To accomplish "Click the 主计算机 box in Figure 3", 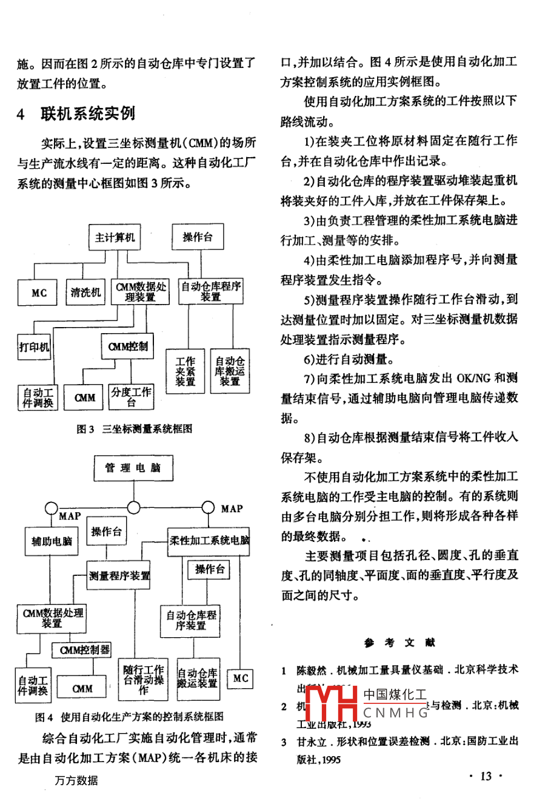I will pyautogui.click(x=115, y=237).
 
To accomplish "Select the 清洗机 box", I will pyautogui.click(x=85, y=292).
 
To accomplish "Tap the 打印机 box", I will pyautogui.click(x=34, y=347).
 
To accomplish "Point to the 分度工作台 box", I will pyautogui.click(x=131, y=397).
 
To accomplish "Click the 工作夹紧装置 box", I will pyautogui.click(x=185, y=371).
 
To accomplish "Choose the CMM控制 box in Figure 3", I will pyautogui.click(x=127, y=346).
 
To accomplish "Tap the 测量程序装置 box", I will pyautogui.click(x=119, y=575).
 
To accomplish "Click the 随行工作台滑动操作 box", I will pyautogui.click(x=143, y=680).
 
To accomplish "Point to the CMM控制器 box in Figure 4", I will pyautogui.click(x=85, y=650).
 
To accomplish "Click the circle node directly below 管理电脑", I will pyautogui.click(x=133, y=507).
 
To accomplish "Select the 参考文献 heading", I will pyautogui.click(x=399, y=643).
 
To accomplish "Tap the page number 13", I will pyautogui.click(x=486, y=776).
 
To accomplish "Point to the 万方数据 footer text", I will pyautogui.click(x=76, y=780).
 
